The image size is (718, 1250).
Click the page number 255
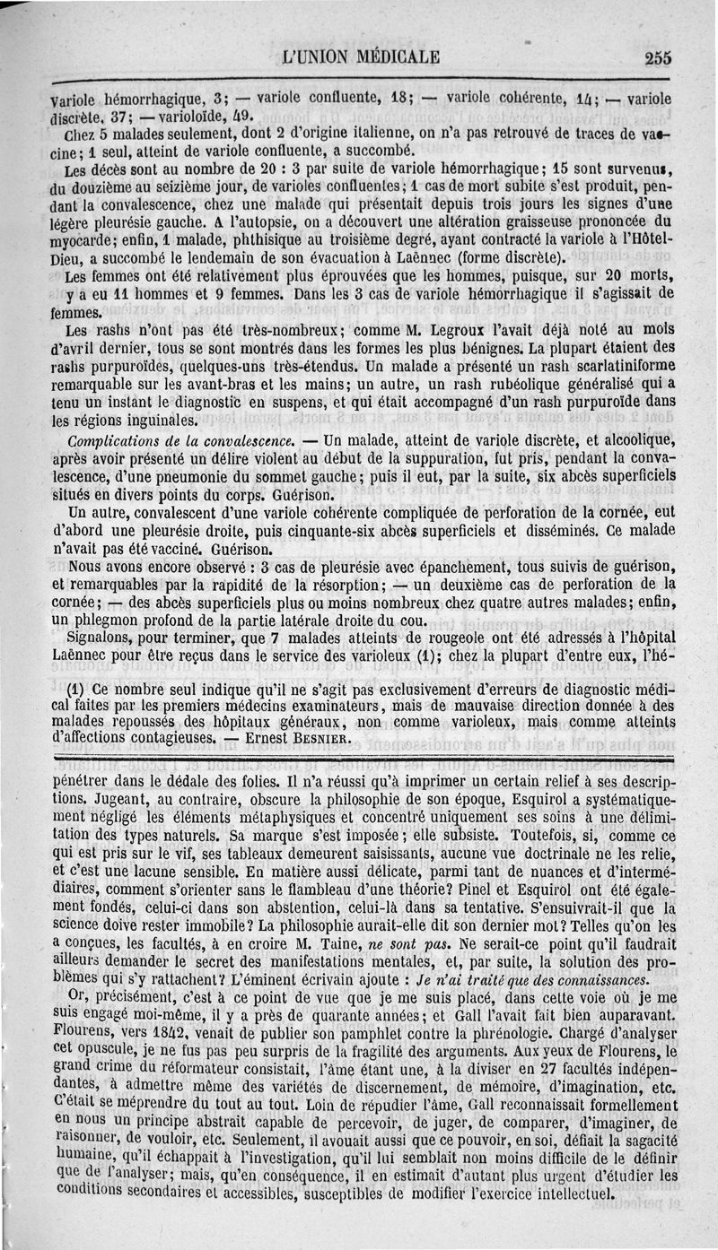658,57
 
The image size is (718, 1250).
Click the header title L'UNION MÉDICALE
360,58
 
